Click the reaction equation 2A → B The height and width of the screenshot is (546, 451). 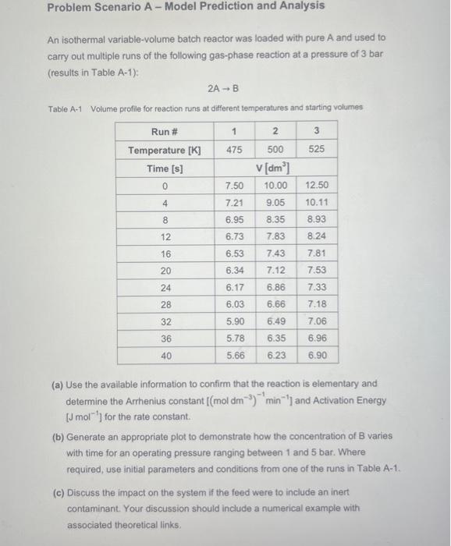[225, 88]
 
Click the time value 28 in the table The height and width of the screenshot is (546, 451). [165, 304]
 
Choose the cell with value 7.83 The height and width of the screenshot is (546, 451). [275, 237]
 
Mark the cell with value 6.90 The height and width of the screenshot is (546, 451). [317, 355]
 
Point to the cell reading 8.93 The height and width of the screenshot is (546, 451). [317, 220]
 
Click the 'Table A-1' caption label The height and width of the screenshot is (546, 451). [65, 108]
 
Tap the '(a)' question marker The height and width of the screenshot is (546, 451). [57, 384]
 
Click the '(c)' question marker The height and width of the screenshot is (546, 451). [57, 493]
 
